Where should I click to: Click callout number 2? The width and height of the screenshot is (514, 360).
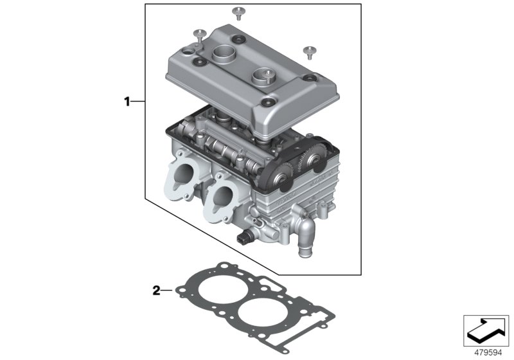tap(155, 291)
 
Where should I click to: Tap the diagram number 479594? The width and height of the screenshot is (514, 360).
tap(486, 351)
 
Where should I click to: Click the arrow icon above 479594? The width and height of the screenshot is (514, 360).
tap(486, 330)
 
